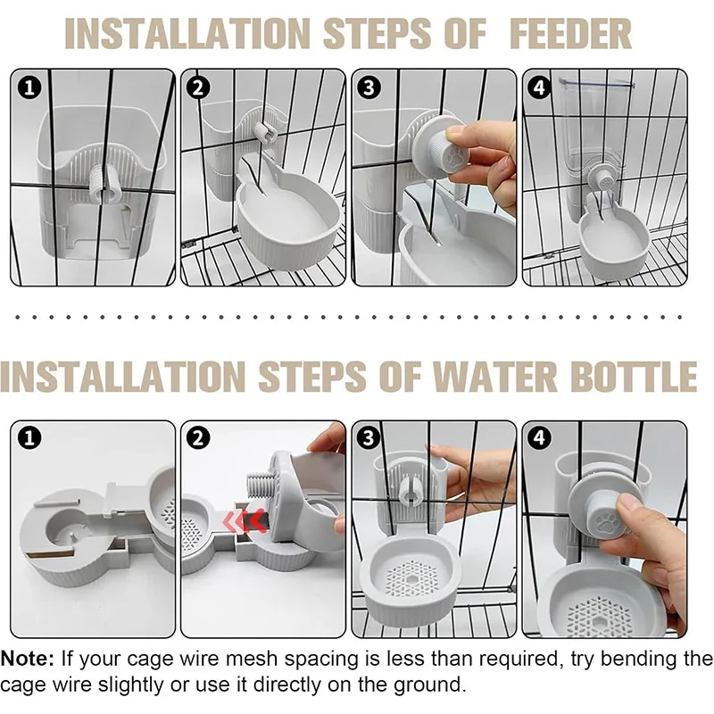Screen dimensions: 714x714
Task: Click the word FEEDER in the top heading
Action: (570, 33)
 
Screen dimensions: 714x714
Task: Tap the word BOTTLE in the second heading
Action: (634, 376)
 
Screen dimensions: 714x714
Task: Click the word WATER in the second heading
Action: (494, 376)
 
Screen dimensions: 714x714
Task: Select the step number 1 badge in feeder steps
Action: (29, 87)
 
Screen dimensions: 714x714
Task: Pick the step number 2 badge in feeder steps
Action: (198, 87)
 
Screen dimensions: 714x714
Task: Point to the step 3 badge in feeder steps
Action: (369, 87)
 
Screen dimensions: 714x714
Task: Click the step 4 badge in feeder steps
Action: (539, 87)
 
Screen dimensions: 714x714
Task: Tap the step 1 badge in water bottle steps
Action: (29, 438)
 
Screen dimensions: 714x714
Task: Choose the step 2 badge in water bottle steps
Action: (198, 438)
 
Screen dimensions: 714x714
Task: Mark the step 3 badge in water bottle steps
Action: (369, 438)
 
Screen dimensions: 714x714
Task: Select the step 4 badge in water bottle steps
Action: (539, 438)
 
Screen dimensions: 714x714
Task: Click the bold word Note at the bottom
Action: (28, 659)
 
